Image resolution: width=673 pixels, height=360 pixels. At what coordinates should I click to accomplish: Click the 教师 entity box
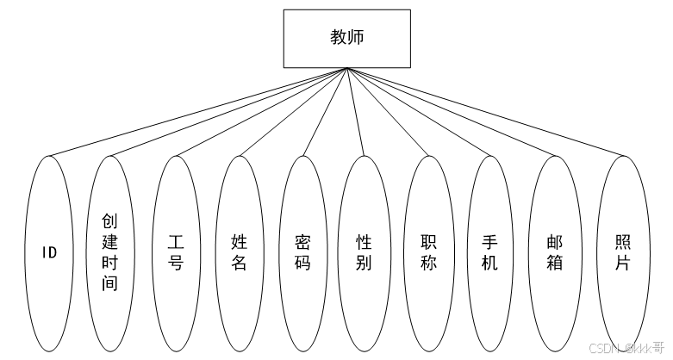347,38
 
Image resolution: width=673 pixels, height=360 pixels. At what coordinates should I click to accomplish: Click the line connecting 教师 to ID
198,112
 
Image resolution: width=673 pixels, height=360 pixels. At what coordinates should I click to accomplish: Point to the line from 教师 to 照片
485,112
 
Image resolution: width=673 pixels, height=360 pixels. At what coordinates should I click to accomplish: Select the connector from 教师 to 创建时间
228,112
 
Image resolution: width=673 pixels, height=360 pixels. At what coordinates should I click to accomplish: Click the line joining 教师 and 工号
261,112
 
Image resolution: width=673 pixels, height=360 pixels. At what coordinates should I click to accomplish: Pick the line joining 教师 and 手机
420,112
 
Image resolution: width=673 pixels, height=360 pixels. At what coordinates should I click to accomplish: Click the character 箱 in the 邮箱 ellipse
554,263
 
